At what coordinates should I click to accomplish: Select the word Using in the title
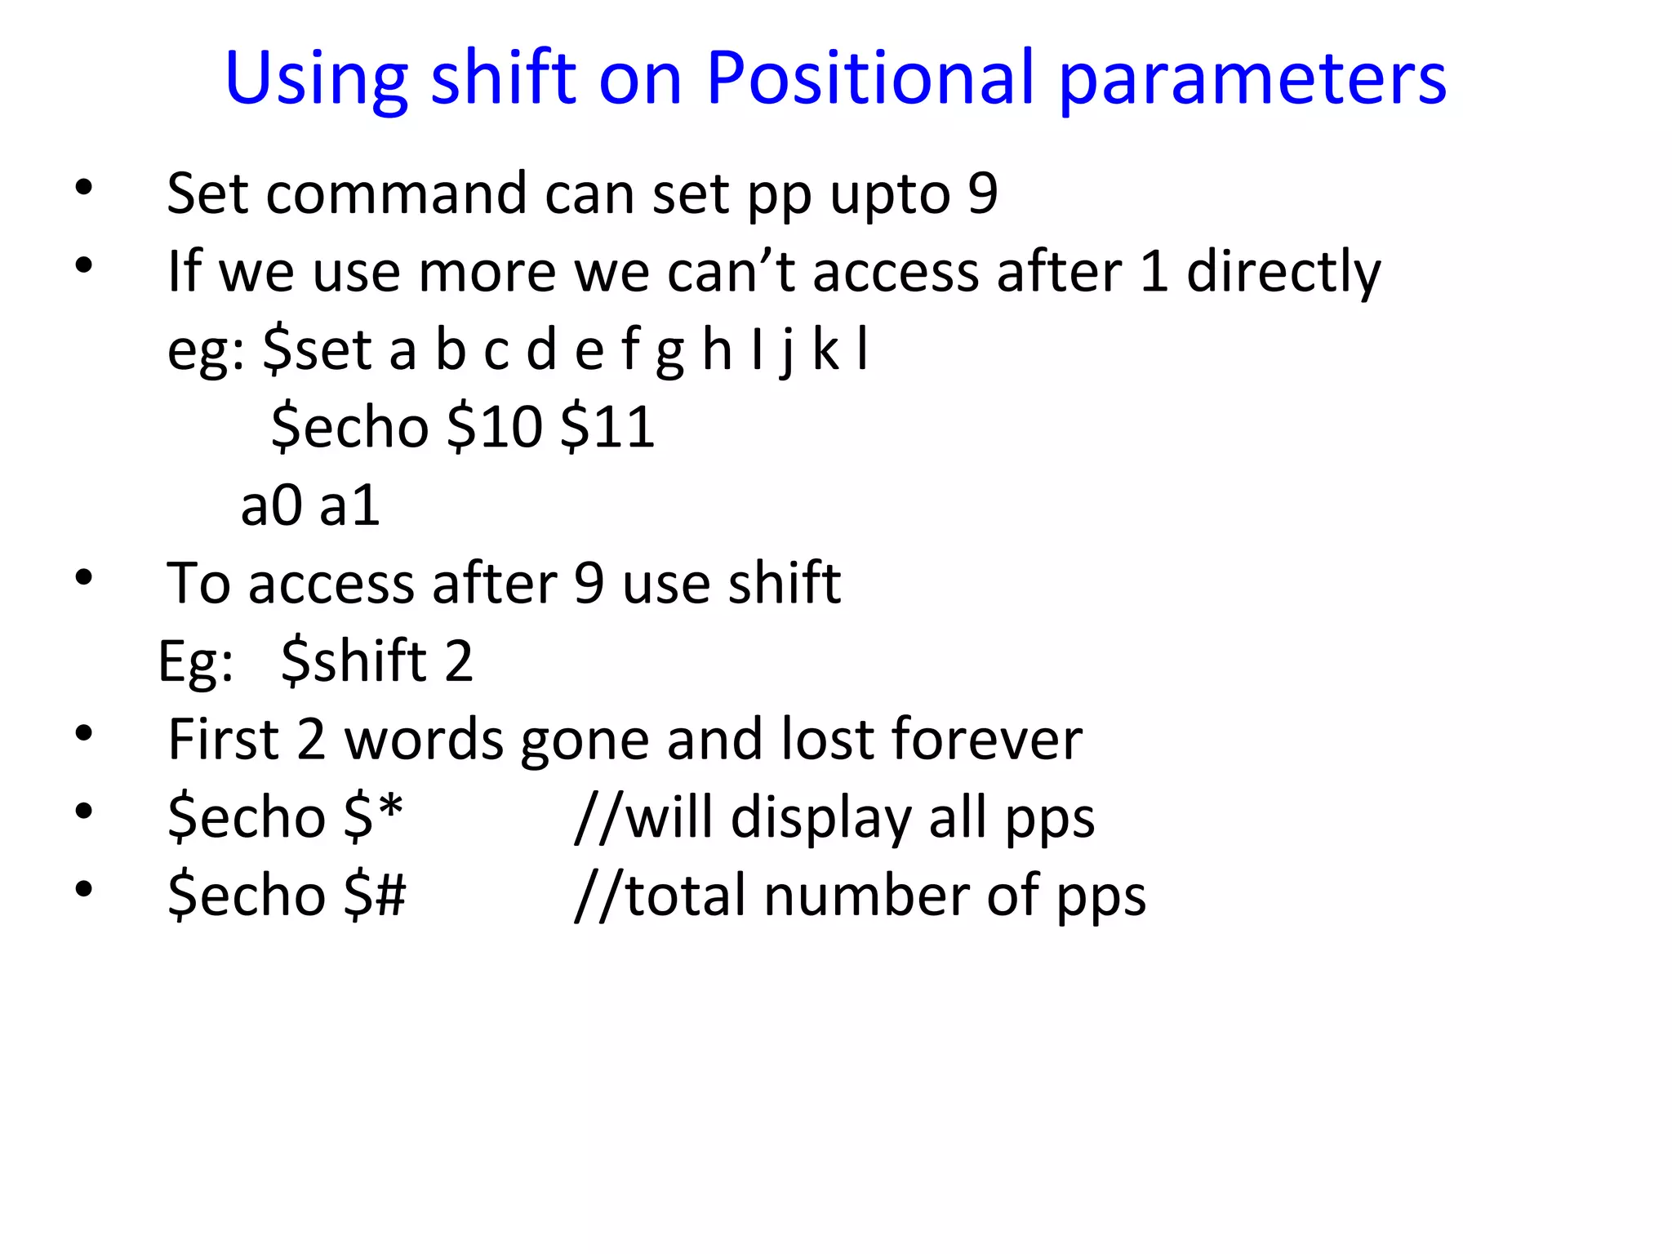[315, 80]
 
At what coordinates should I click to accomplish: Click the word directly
[1283, 272]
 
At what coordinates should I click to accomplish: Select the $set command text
[318, 350]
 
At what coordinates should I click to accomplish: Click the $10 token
[495, 427]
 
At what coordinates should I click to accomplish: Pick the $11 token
[607, 427]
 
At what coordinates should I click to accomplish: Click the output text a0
[271, 505]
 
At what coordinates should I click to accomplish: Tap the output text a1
[349, 505]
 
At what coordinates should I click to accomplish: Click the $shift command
[354, 660]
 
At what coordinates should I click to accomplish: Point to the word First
[223, 739]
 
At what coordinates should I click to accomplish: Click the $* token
[373, 816]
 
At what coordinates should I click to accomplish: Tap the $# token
[375, 895]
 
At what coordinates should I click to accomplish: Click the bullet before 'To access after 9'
[83, 578]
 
